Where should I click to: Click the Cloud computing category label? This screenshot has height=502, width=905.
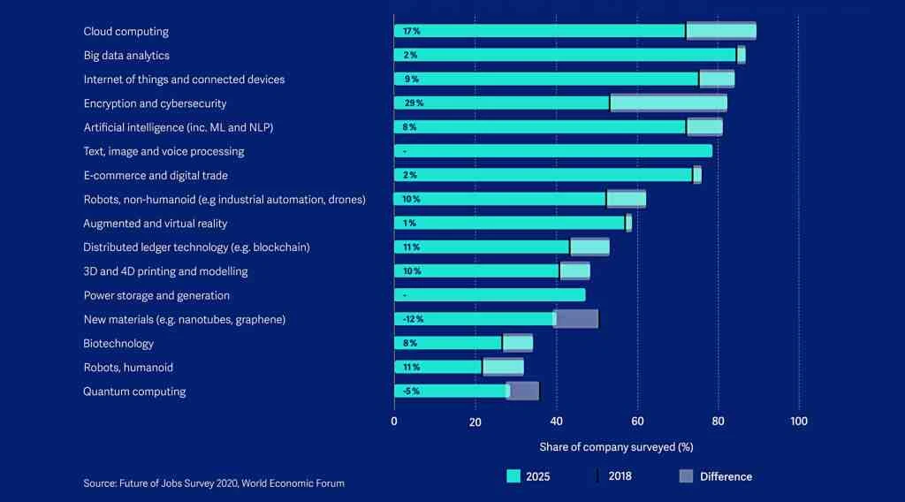(x=125, y=32)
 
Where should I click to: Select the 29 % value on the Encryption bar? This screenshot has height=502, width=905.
(x=413, y=103)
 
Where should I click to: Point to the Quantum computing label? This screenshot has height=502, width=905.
(x=134, y=392)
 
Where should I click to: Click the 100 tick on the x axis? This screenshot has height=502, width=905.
(x=798, y=422)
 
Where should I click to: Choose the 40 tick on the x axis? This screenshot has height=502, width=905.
(x=556, y=422)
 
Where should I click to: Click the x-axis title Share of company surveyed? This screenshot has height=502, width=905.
(x=616, y=447)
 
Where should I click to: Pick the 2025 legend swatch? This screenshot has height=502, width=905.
(x=513, y=476)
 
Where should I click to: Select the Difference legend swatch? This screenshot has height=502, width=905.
(x=686, y=476)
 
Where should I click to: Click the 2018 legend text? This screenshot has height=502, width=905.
(x=620, y=476)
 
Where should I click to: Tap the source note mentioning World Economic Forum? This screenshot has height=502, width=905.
(x=214, y=483)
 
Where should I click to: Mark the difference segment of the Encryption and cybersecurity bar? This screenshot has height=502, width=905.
(x=668, y=103)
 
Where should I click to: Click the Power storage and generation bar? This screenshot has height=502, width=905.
(x=490, y=295)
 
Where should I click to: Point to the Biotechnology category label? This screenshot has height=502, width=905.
(x=118, y=343)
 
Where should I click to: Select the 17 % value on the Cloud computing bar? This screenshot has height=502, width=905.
(x=411, y=31)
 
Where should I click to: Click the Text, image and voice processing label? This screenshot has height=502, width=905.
(x=164, y=151)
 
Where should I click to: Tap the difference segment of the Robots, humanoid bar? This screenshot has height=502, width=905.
(x=503, y=367)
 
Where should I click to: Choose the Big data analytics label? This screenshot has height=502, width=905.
(x=125, y=56)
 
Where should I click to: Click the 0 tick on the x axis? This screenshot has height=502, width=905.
(x=394, y=422)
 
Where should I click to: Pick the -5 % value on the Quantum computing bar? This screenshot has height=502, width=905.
(x=411, y=391)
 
